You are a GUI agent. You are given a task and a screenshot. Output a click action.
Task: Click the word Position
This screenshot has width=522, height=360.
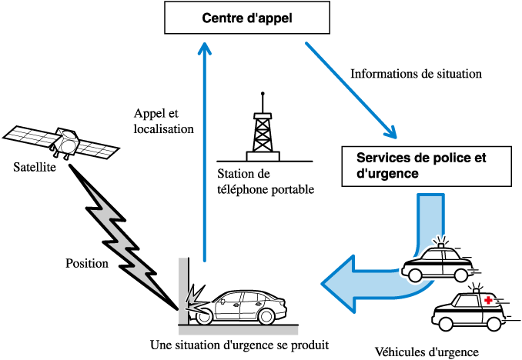87,262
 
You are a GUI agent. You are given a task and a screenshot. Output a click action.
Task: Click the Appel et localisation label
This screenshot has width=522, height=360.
163,121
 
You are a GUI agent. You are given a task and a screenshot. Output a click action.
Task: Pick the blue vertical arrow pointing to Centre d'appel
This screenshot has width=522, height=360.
204,154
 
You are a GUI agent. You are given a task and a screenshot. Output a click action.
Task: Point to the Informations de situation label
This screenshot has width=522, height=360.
416,75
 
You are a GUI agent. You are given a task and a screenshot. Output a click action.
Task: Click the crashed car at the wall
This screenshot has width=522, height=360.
243,307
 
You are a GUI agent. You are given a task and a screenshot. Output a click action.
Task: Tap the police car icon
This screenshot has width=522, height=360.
437,262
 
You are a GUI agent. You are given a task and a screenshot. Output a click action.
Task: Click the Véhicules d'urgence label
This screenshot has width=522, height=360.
426,352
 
